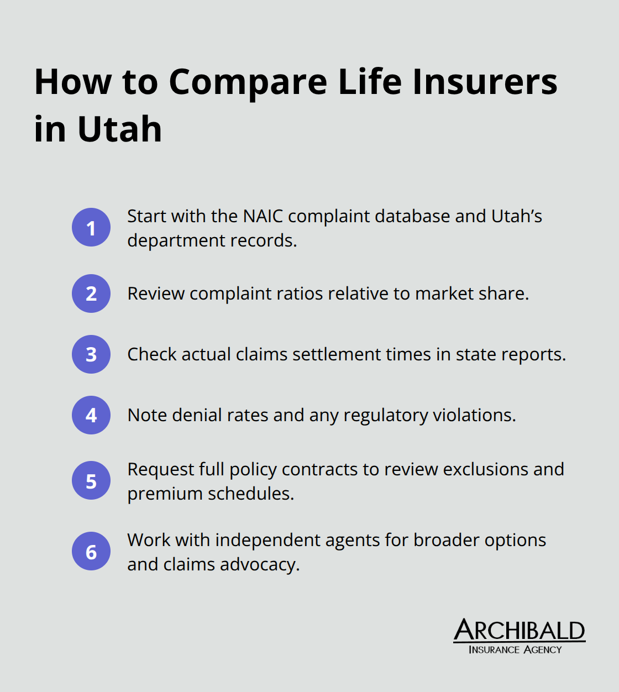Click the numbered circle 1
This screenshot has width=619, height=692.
pos(91,228)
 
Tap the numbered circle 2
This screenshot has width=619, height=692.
pos(91,293)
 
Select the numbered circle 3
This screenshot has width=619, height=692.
pos(91,354)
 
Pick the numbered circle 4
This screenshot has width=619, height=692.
pos(91,415)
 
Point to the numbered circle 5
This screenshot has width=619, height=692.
pos(91,481)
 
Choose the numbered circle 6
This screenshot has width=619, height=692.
pos(91,552)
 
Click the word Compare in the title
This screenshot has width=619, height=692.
pos(248,82)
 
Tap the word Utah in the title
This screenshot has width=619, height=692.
pos(120,129)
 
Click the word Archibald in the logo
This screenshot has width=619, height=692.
pos(519,631)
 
